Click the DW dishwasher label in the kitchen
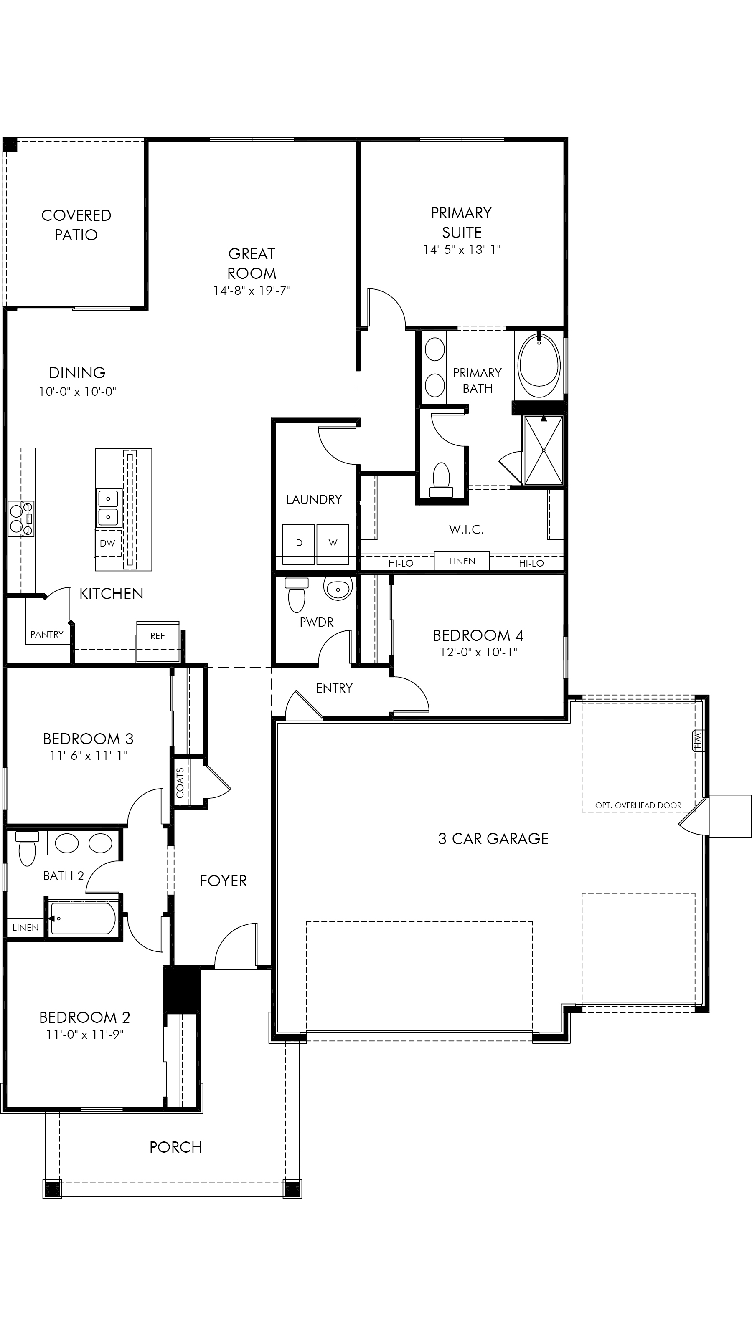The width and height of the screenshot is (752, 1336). (x=107, y=543)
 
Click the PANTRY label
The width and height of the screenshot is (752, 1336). (x=47, y=634)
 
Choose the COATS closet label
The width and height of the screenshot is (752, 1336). (x=180, y=783)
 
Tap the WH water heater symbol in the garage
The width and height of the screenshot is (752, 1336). (x=697, y=740)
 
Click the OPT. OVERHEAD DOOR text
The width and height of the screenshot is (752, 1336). (x=638, y=805)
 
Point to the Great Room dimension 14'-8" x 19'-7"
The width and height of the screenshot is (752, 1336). (x=252, y=291)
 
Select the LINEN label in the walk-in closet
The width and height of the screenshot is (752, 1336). (x=462, y=561)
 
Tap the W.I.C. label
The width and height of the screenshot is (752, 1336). (x=467, y=529)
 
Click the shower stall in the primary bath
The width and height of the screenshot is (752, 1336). (x=544, y=450)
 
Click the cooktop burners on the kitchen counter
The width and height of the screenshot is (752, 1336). (x=21, y=519)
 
